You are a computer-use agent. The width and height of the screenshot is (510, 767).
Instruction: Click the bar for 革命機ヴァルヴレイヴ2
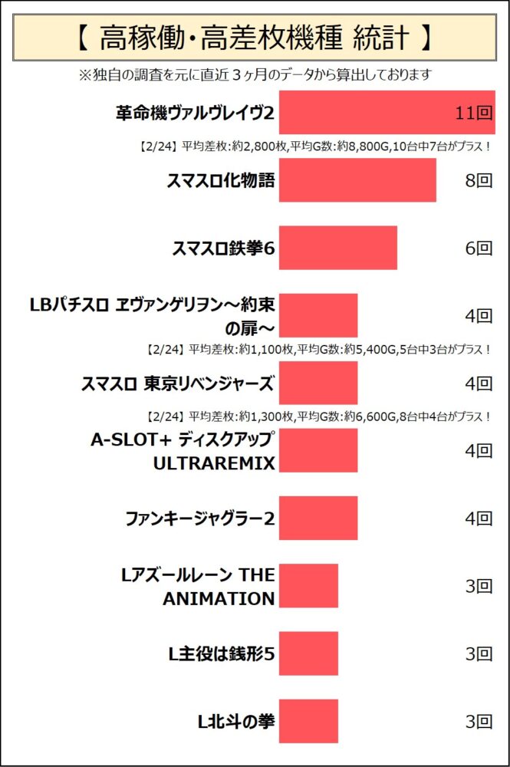(387, 113)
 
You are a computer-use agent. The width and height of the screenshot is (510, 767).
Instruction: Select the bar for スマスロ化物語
(357, 180)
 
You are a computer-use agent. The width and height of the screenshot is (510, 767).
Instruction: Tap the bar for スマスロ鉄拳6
(337, 248)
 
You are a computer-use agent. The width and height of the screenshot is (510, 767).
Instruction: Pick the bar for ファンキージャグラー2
(318, 518)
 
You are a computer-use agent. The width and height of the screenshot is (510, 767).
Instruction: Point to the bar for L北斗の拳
(308, 721)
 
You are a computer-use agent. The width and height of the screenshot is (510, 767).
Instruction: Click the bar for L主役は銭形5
(308, 653)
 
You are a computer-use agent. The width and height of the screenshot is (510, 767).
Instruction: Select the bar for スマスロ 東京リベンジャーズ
(318, 383)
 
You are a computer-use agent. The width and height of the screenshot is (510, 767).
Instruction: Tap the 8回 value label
(479, 181)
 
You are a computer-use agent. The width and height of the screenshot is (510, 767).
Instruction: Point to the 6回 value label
(479, 248)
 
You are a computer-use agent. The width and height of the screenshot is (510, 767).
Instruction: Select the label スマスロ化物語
(221, 181)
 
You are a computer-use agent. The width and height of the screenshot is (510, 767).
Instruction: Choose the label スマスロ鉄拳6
(223, 248)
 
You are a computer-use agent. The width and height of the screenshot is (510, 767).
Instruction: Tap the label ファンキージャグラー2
(199, 518)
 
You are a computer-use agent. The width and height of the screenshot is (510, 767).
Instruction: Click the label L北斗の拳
(236, 721)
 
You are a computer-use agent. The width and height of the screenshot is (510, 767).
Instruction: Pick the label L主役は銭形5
(222, 653)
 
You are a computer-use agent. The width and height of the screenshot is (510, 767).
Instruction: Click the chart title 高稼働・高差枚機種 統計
(254, 36)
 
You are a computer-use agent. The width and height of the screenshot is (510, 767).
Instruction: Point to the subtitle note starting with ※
(254, 74)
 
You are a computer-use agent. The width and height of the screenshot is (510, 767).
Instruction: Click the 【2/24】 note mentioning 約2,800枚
(313, 146)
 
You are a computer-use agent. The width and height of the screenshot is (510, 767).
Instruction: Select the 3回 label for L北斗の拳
(479, 721)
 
